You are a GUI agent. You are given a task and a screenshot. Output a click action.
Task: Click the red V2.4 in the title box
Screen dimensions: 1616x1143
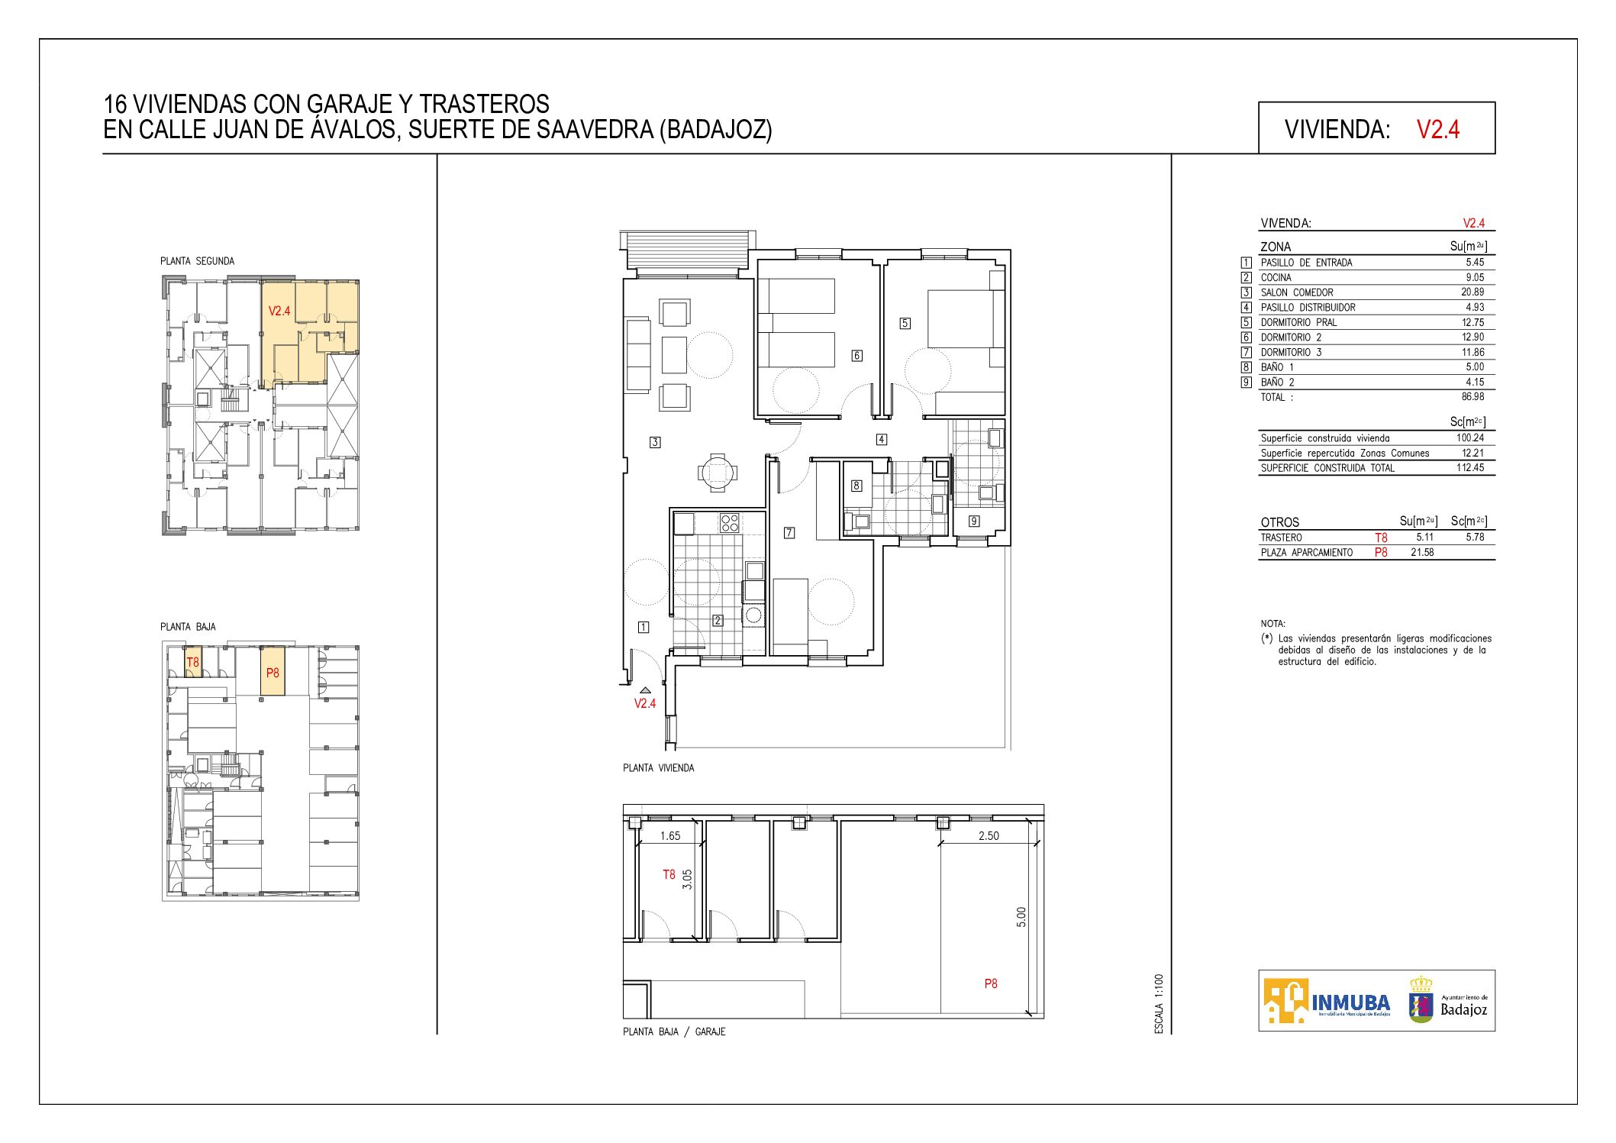coord(1438,129)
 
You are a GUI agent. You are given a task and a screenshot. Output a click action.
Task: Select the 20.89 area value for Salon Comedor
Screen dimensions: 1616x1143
coord(1472,292)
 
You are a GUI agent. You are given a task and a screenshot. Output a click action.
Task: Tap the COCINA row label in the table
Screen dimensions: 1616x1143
coord(1276,278)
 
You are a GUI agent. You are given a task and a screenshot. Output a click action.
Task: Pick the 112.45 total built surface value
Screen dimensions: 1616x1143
coord(1470,468)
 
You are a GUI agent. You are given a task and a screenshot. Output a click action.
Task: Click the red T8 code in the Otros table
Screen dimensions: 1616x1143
coord(1381,538)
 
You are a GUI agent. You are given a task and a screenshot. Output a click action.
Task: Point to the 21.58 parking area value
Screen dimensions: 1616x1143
coord(1422,553)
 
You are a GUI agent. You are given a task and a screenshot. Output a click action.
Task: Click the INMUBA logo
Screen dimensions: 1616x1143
coord(1327,1001)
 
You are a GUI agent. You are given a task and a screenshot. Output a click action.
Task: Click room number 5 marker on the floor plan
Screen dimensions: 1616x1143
coord(905,323)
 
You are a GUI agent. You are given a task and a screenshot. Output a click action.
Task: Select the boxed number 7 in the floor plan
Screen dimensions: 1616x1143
coord(789,533)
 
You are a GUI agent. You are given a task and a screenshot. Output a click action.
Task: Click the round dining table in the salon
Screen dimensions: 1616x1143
coord(718,473)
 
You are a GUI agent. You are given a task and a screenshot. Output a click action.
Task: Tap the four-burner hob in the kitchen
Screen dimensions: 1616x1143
coord(730,523)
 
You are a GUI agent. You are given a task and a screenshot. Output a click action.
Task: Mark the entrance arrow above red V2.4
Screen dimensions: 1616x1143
coord(645,690)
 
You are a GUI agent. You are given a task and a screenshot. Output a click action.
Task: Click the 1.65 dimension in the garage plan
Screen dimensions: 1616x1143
coord(670,836)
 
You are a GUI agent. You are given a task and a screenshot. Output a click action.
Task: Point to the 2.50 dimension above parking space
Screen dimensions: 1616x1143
coord(989,836)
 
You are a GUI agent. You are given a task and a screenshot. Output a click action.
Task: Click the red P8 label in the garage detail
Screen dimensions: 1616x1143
coord(991,984)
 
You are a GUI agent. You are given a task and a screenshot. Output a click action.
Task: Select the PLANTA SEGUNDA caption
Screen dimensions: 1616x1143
coord(197,261)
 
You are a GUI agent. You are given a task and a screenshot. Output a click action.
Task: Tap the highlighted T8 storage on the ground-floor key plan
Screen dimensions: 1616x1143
coord(193,662)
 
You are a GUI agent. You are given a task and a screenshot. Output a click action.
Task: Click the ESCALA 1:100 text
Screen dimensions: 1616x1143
coord(1159,1004)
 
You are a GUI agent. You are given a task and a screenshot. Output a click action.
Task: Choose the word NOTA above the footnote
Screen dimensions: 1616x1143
coord(1273,624)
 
